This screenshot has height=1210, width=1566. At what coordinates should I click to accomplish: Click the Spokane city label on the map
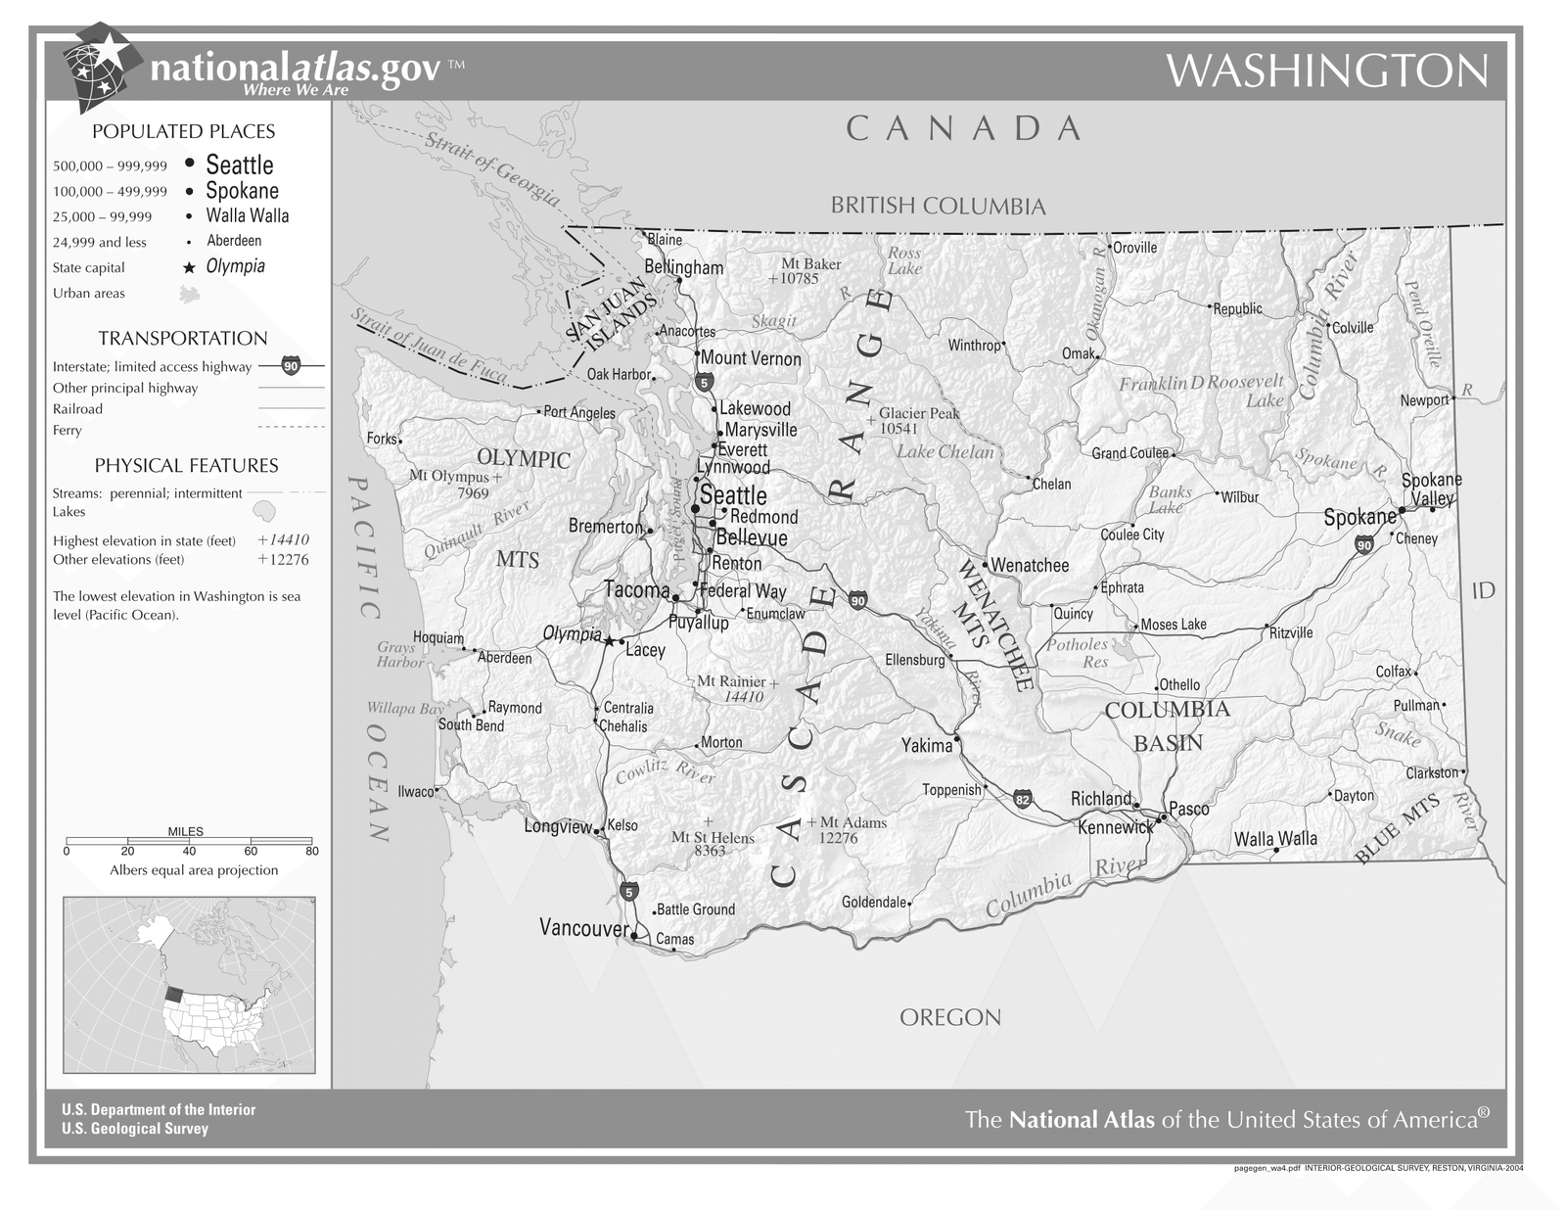(x=1359, y=517)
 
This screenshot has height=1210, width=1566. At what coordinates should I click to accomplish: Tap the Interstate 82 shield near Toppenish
(x=1023, y=799)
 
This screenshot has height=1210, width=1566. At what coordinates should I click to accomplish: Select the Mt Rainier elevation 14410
(x=743, y=697)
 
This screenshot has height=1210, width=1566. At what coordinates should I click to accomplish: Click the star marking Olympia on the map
(x=609, y=641)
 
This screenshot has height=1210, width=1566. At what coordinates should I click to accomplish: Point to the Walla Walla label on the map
(x=1274, y=839)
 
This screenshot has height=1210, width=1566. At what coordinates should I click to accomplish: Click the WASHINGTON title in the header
(x=1326, y=70)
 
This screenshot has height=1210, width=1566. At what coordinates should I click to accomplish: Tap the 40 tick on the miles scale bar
(x=189, y=851)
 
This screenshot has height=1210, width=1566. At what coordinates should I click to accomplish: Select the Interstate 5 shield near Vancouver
(x=628, y=892)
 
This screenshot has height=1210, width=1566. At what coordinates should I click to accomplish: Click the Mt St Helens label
(x=712, y=838)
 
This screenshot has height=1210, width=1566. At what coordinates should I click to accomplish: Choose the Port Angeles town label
(x=578, y=412)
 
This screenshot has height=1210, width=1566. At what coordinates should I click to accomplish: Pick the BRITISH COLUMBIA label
(x=938, y=206)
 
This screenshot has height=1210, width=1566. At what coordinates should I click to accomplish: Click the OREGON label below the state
(x=949, y=1017)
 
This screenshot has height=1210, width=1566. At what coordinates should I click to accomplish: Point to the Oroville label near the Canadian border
(x=1134, y=248)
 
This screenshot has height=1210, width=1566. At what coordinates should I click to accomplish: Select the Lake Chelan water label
(x=944, y=451)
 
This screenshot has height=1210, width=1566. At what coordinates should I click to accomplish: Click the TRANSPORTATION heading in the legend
(x=182, y=339)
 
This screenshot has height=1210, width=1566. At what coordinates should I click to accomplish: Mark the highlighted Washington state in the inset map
(x=173, y=993)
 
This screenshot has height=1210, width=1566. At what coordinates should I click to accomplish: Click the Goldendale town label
(x=874, y=902)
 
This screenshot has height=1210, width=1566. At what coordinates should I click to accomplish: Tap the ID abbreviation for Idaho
(x=1483, y=590)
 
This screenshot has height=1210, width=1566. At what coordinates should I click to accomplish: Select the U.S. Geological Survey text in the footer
(x=134, y=1129)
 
